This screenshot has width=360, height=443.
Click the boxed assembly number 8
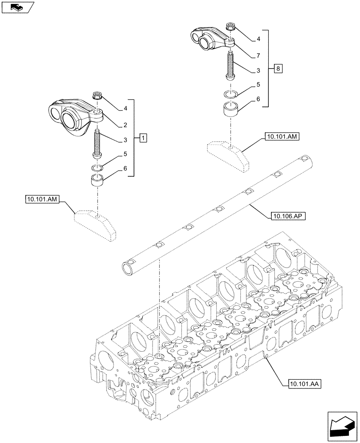pos(278,69)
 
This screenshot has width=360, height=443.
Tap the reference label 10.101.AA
pos(299,383)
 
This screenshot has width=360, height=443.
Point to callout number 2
pos(125,125)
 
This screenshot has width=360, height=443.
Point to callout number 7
pos(257,55)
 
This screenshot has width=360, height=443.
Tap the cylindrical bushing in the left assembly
pos(98,180)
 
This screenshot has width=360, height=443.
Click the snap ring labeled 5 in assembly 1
pos(98,167)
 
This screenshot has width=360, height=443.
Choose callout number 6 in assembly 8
pos(257,101)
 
